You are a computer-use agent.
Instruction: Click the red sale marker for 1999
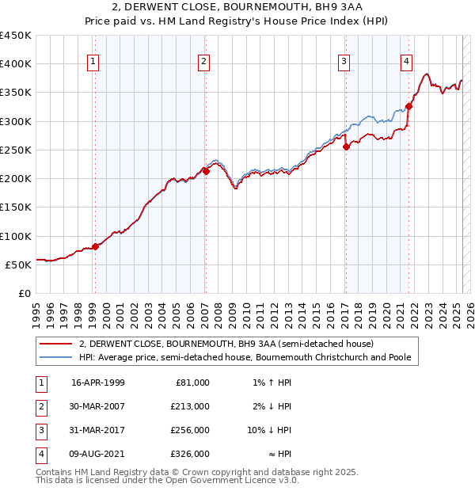click(x=95, y=246)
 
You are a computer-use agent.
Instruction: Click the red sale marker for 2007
click(x=206, y=170)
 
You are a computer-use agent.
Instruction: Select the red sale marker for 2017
click(x=346, y=146)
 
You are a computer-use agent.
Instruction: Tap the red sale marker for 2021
click(x=408, y=106)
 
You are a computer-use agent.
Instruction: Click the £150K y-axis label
click(x=15, y=207)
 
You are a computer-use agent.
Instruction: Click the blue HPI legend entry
click(x=245, y=358)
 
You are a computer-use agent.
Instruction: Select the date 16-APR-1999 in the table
click(x=98, y=383)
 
